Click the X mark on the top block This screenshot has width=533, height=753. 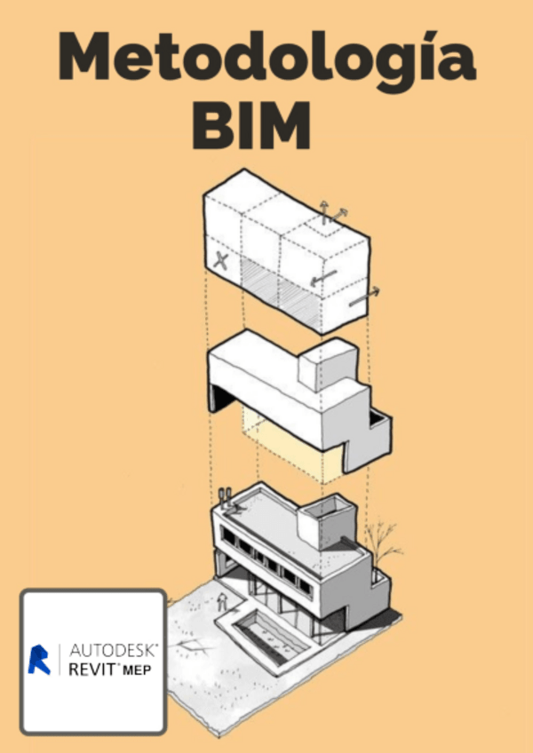tap(221, 260)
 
